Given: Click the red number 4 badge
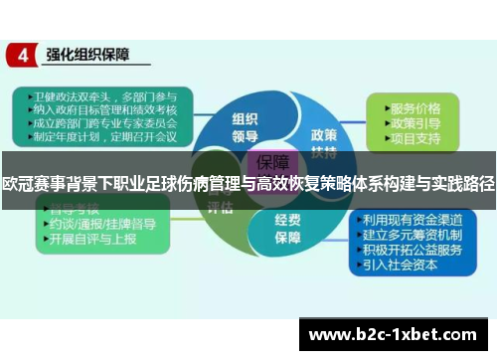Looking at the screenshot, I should pos(22,56).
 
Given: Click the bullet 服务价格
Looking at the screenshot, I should pos(416,106).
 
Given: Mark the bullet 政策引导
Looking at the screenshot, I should pos(416,121).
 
